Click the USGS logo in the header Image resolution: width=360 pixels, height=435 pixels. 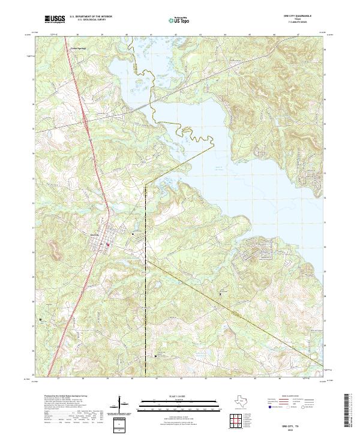(55, 20)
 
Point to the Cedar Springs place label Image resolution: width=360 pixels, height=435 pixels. (78, 48)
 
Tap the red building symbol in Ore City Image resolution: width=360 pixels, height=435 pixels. (108, 244)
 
